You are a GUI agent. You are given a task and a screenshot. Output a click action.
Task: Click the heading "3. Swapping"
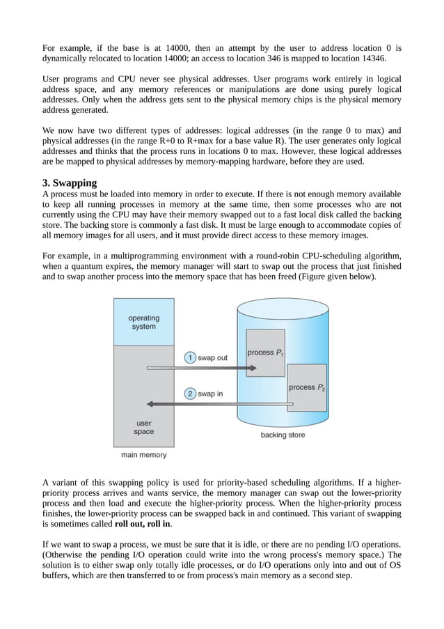point(70,183)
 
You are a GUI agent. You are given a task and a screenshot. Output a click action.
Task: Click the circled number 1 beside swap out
point(189,357)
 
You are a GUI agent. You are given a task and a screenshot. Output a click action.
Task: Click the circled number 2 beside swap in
point(189,393)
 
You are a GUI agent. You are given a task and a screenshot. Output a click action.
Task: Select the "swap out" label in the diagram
point(212,357)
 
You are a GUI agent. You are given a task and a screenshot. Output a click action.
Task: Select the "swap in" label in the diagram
point(210,393)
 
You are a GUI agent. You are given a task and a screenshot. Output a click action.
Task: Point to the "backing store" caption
point(283,435)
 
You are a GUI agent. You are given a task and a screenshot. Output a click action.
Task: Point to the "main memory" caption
point(144,455)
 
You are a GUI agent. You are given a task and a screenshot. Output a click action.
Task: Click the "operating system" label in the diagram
point(143,323)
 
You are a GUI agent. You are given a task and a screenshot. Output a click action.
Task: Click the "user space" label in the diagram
point(143,427)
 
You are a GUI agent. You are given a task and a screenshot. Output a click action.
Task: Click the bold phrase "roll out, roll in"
point(143,524)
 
